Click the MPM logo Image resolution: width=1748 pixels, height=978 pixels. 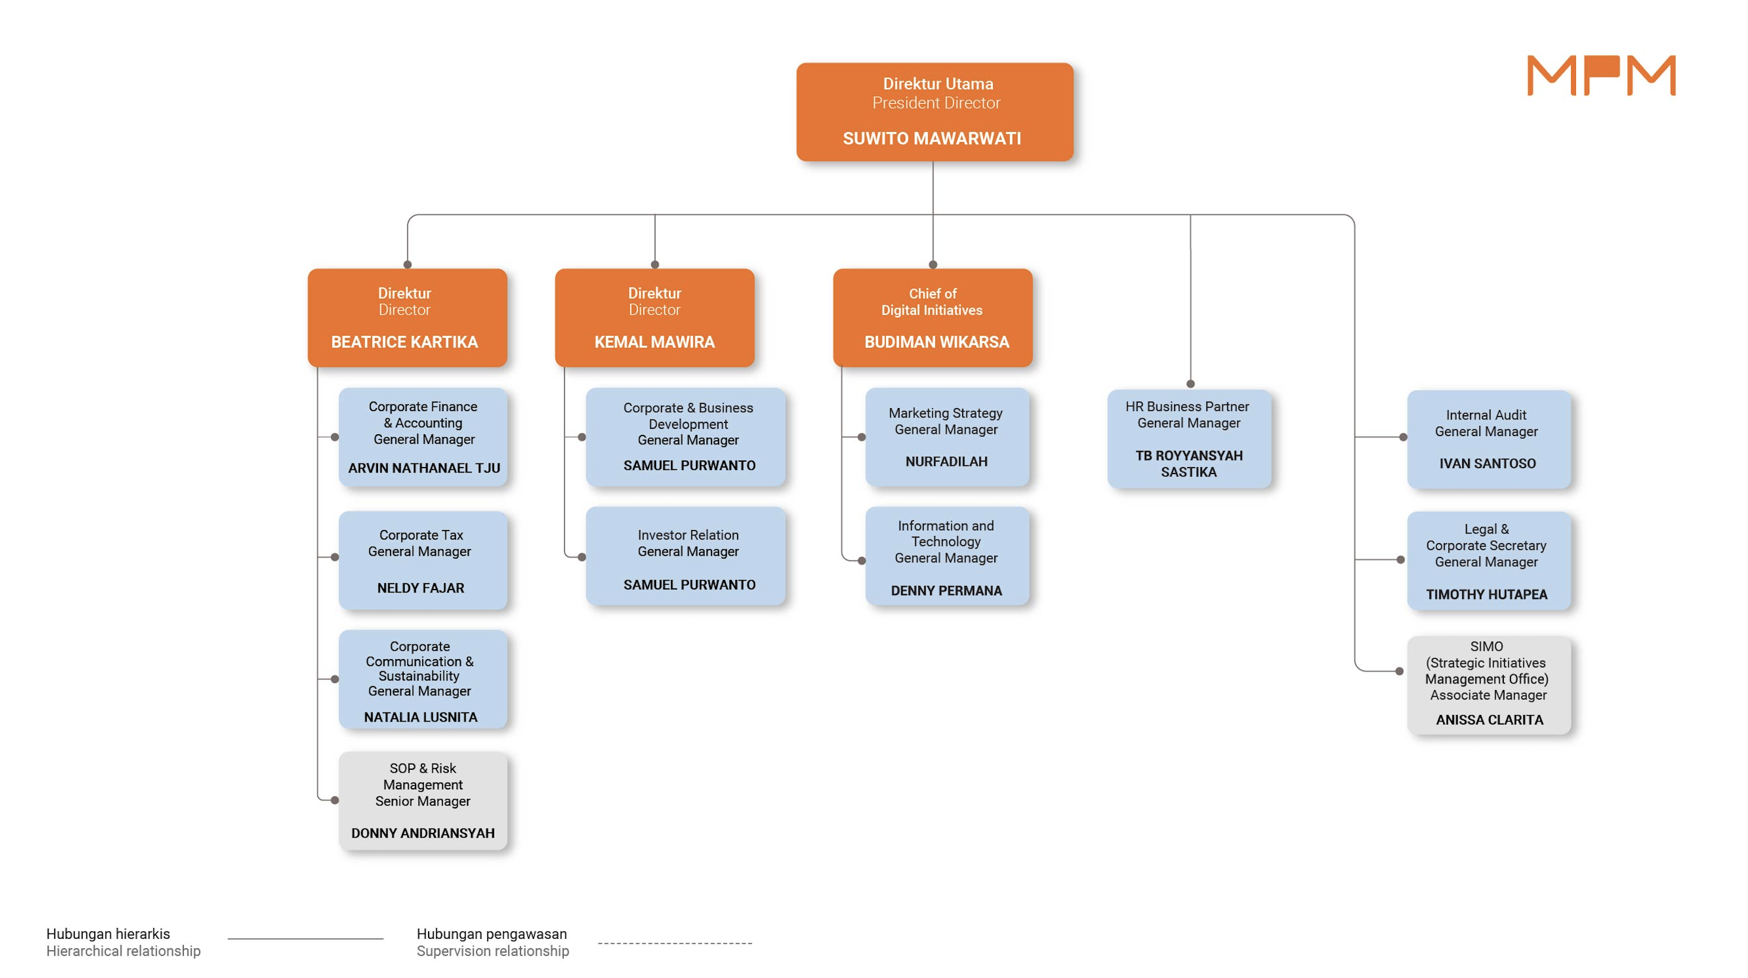(1601, 76)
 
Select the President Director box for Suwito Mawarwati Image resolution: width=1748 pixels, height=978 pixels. (934, 112)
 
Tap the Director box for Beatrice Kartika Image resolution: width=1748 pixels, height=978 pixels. (407, 318)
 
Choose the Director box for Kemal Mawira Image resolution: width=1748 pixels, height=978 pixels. (654, 318)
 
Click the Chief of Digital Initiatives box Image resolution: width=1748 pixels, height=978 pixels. (932, 318)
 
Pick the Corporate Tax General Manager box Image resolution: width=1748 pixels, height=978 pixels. (423, 560)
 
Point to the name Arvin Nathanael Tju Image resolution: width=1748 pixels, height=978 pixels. (424, 468)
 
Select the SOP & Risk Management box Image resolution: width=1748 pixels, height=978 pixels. (423, 800)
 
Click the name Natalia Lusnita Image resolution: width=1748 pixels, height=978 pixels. (421, 717)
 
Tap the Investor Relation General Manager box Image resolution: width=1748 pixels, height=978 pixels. (685, 556)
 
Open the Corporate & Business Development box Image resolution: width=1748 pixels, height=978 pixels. (685, 437)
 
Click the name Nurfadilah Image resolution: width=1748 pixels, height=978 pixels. (947, 461)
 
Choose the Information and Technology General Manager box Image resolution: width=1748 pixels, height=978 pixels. (947, 556)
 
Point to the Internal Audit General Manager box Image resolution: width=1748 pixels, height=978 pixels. (1489, 440)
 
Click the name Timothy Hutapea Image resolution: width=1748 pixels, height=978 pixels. (1487, 594)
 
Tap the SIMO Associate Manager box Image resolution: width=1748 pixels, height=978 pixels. (1489, 685)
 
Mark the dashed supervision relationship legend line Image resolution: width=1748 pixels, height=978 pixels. (675, 943)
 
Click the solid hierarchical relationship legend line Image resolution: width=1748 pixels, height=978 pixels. (305, 939)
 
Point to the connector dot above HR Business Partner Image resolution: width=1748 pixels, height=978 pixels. (1190, 384)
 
